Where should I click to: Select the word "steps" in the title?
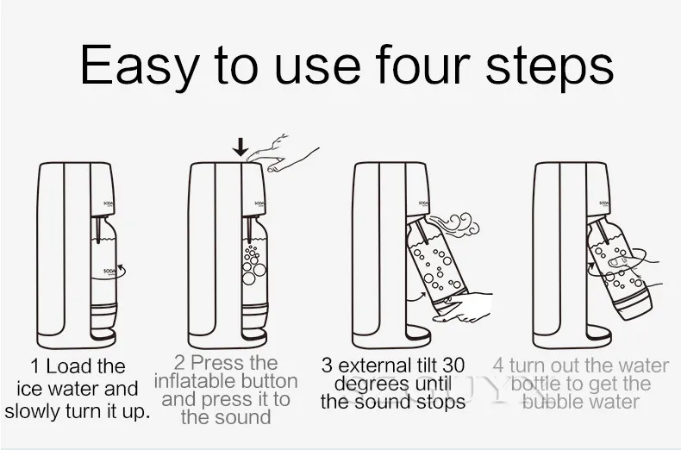pos(549,68)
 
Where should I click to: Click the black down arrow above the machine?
pos(241,147)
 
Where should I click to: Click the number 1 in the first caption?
pos(34,366)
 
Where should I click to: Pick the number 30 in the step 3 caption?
pos(453,366)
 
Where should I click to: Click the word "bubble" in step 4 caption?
pos(549,402)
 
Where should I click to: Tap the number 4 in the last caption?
pos(498,366)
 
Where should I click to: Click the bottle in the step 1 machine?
pos(103,278)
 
